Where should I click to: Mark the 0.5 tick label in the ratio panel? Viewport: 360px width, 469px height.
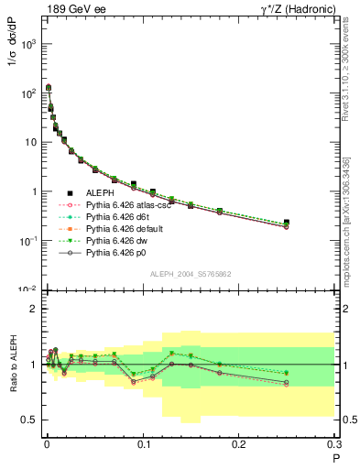(29, 420)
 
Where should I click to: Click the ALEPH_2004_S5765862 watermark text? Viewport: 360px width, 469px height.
(191, 274)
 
